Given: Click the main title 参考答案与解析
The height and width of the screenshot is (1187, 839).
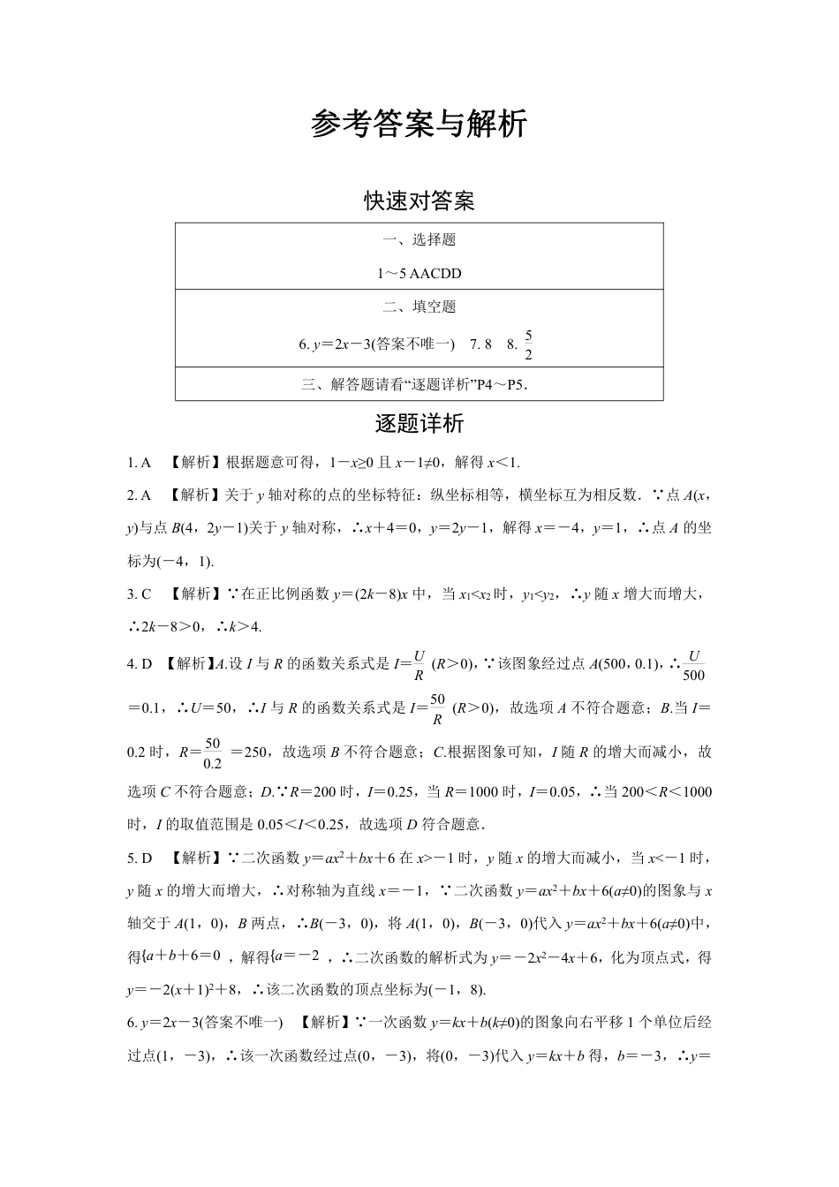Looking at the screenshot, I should pyautogui.click(x=419, y=125).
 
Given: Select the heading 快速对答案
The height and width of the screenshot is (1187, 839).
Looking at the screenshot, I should pyautogui.click(x=419, y=201).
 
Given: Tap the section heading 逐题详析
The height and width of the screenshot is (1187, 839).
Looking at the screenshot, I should pyautogui.click(x=419, y=424).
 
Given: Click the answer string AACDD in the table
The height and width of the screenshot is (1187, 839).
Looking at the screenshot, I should pyautogui.click(x=435, y=274).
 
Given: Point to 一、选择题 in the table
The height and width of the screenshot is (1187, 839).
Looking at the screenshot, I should pyautogui.click(x=419, y=240).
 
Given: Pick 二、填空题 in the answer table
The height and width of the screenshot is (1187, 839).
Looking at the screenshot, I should pyautogui.click(x=419, y=307).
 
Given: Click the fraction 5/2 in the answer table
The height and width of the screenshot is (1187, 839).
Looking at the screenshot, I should pyautogui.click(x=528, y=345).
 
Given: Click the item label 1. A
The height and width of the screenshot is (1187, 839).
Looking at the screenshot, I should pyautogui.click(x=140, y=462).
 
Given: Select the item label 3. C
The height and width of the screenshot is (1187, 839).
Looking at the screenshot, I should pyautogui.click(x=140, y=594).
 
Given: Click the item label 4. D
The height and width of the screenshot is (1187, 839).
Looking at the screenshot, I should pyautogui.click(x=140, y=663).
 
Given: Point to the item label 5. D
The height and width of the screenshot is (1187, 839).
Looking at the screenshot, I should pyautogui.click(x=140, y=858).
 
